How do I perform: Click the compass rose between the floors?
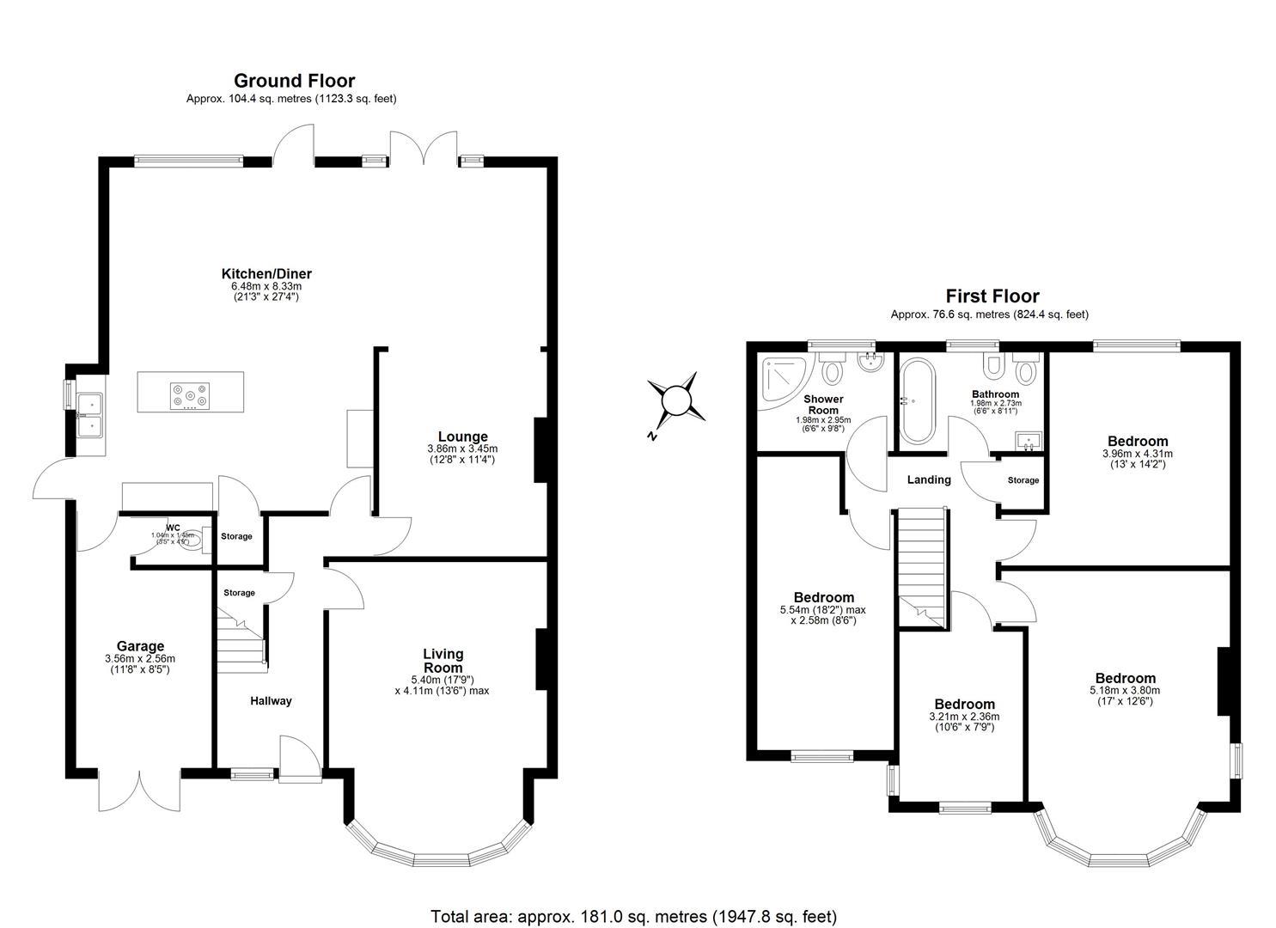click(676, 400)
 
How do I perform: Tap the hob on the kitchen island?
click(189, 394)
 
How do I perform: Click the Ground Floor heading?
click(294, 81)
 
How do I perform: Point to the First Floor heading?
click(992, 296)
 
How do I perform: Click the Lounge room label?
click(462, 437)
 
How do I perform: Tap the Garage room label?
click(140, 646)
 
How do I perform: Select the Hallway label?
click(271, 701)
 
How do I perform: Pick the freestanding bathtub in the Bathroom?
click(920, 400)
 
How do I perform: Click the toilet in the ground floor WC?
click(194, 541)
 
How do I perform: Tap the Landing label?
click(929, 480)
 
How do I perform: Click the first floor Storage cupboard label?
click(1023, 480)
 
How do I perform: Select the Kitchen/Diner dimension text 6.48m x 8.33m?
click(266, 286)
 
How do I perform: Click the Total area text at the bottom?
click(633, 917)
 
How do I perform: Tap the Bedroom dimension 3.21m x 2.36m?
click(964, 717)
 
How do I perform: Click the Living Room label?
click(443, 661)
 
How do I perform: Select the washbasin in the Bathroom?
click(1028, 441)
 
